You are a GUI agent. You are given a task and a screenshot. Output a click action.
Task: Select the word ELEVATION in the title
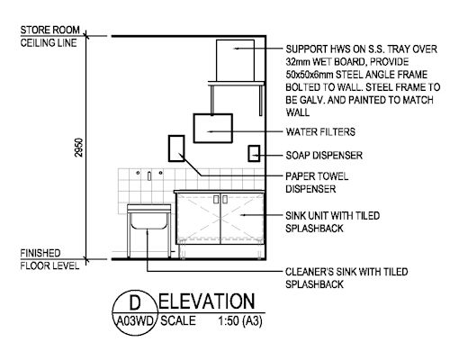206,301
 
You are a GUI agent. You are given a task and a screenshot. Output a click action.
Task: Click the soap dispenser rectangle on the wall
254,153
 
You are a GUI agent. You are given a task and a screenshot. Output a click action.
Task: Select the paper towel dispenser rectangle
175,148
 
